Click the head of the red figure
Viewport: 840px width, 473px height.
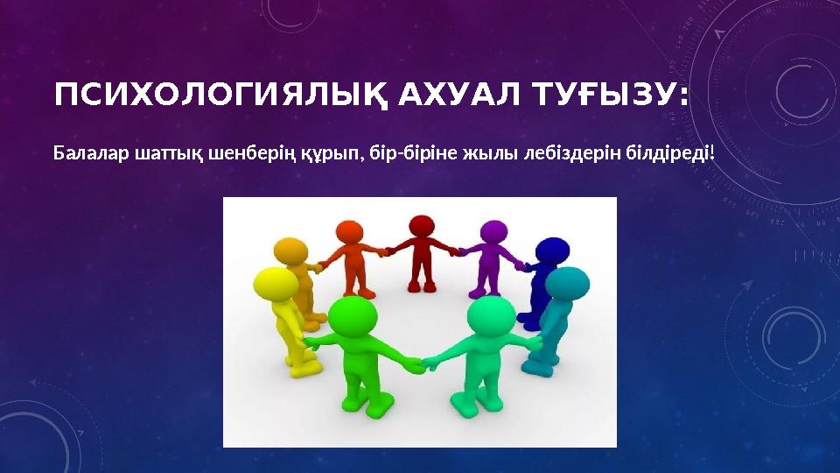tap(422, 227)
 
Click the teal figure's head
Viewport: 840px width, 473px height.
tap(567, 285)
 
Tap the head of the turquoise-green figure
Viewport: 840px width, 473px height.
tap(491, 316)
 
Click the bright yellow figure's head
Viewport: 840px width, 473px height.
tap(276, 285)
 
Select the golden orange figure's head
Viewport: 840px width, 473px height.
tap(291, 251)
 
